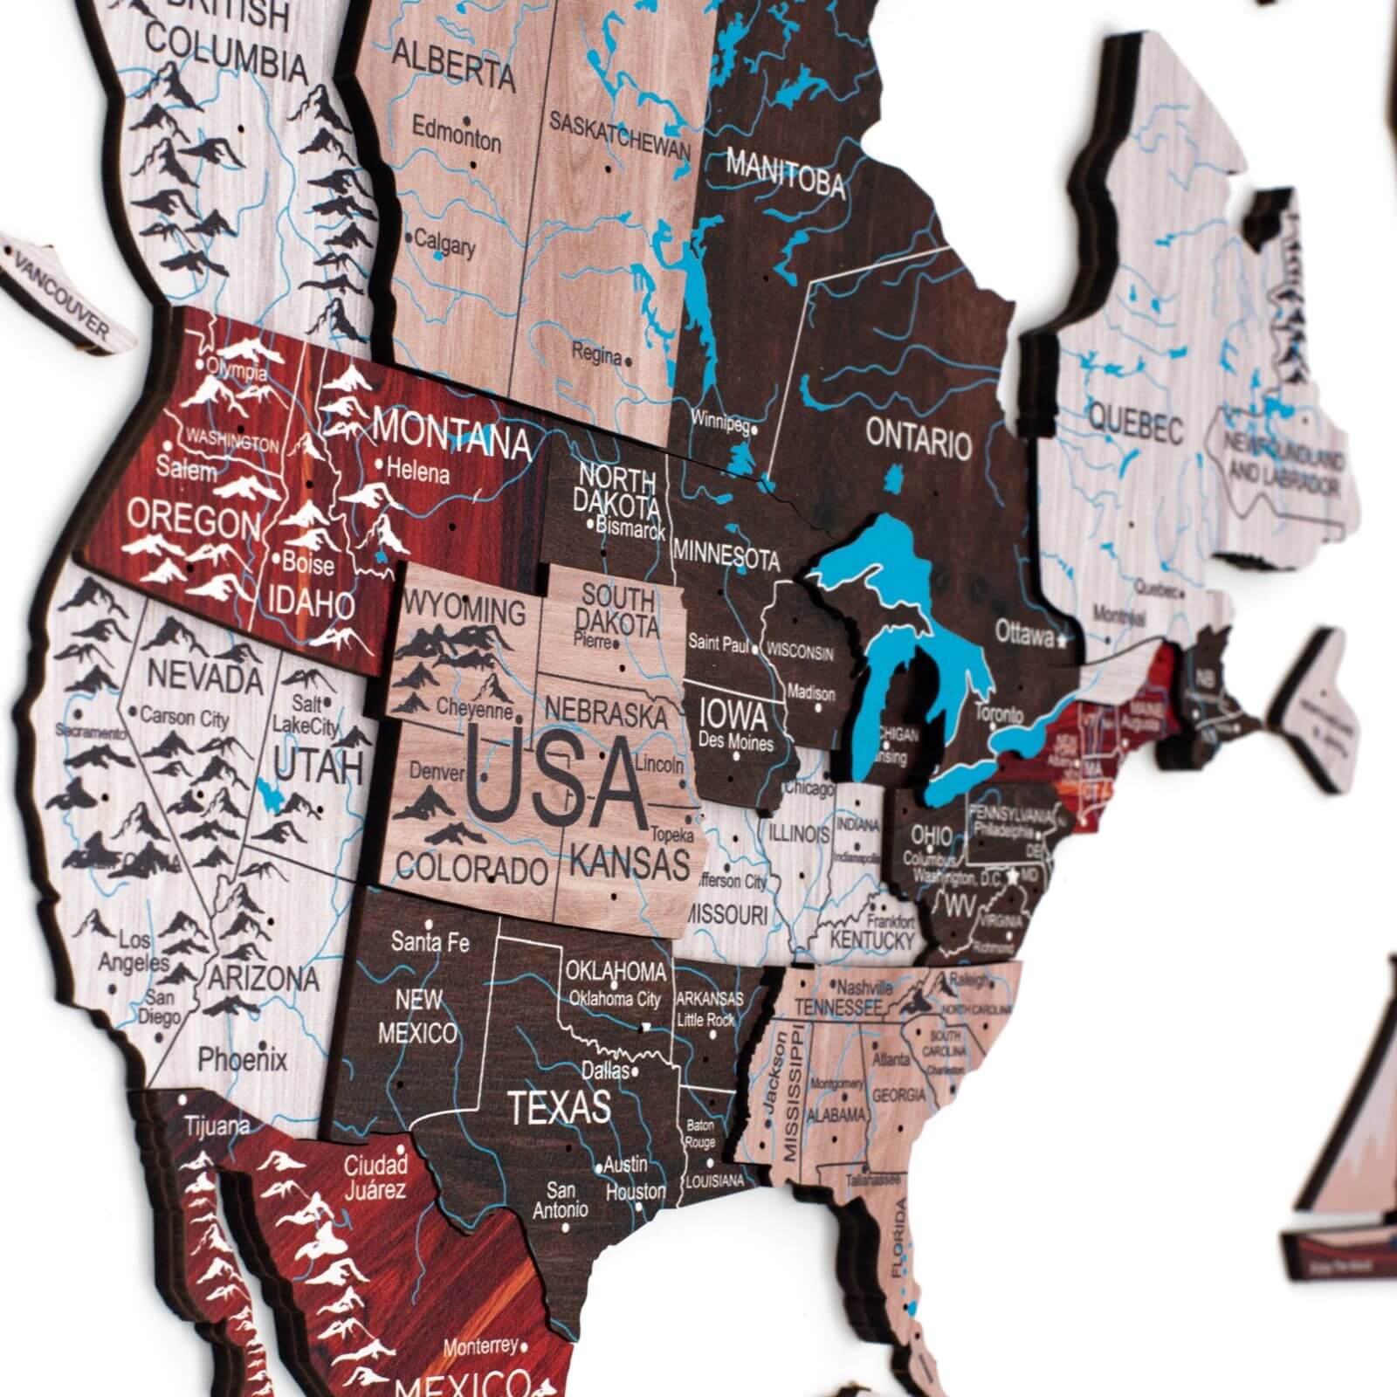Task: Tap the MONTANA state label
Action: [451, 434]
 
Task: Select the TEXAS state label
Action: [559, 1107]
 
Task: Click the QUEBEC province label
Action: [1135, 428]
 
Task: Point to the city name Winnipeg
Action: [721, 421]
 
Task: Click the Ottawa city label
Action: [1024, 634]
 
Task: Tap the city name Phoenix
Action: [242, 1060]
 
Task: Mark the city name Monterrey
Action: [479, 1347]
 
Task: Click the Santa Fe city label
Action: [430, 942]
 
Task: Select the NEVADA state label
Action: [204, 676]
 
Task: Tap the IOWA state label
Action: [733, 717]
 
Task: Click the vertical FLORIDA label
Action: [899, 1239]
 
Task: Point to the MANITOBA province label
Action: [785, 172]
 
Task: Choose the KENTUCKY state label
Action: [871, 939]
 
